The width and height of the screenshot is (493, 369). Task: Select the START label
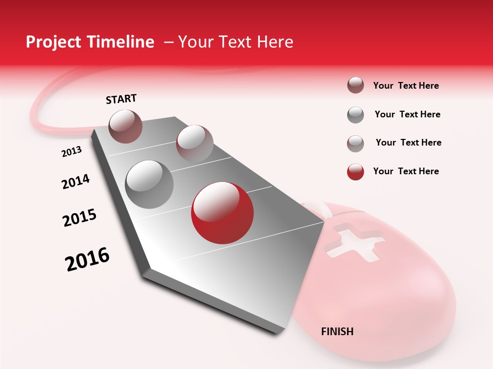point(121,99)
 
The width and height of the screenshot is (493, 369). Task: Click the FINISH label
point(337,332)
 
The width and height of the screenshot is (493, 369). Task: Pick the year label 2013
point(71,152)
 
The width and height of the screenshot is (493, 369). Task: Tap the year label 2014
point(75,182)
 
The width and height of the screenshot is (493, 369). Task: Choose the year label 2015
point(80,217)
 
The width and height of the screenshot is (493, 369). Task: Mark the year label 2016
point(87,259)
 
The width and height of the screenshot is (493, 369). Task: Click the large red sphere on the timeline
point(222,213)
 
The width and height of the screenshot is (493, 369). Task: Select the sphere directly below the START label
point(126,126)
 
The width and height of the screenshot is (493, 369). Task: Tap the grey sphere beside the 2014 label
point(149,184)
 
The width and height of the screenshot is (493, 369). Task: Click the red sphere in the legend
point(355,172)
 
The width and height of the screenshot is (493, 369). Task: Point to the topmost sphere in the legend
point(355,86)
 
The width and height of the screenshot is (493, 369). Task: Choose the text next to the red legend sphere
point(406,171)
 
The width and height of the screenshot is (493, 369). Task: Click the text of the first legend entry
point(406,86)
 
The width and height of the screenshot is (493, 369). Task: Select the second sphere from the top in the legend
point(355,115)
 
